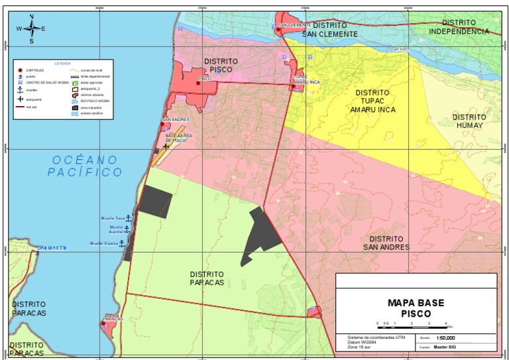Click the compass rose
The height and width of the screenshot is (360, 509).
pos(31,29)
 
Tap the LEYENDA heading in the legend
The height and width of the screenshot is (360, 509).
pos(62,63)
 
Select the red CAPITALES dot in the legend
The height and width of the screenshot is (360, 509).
pos(21,70)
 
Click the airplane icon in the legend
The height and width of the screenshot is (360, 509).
pos(21,99)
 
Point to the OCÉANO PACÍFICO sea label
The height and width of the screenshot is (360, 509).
pos(85,166)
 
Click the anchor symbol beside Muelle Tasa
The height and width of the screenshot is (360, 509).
pos(129,218)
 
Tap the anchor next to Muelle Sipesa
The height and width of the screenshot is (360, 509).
pos(121,243)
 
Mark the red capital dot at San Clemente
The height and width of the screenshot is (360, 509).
pos(279,29)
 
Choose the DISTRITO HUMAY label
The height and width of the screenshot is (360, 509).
pos(469,121)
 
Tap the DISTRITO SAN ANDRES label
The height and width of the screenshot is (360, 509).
pos(386,243)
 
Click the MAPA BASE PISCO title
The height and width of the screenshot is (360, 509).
pos(416,308)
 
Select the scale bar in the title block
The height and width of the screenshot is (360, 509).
pos(414,325)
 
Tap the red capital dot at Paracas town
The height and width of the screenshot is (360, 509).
pos(103,324)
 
